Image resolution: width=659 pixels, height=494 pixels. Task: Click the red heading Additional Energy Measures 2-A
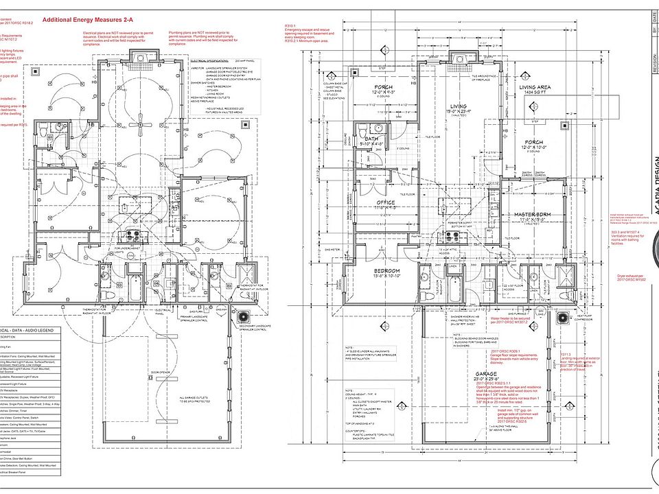point(87,20)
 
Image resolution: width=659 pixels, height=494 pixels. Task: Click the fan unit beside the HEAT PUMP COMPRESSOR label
point(564,318)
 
